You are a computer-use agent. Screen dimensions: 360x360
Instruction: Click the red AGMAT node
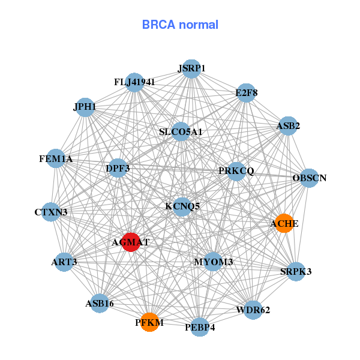[131, 242]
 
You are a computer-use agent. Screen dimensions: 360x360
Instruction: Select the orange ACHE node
[283, 223]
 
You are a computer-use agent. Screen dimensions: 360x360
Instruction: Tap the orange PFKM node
[149, 322]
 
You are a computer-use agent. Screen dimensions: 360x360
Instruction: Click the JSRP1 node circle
[191, 68]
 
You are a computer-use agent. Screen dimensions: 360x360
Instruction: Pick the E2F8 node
[246, 92]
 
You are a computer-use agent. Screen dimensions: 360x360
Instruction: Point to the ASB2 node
[289, 125]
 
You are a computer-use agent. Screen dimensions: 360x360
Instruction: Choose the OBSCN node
[308, 178]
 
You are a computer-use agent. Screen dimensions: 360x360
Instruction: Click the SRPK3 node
[296, 271]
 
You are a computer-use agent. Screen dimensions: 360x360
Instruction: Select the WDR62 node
[253, 310]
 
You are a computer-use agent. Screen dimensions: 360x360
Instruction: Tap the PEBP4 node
[200, 327]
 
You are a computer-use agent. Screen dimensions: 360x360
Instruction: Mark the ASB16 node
[100, 303]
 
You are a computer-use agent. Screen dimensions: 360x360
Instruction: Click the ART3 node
[64, 262]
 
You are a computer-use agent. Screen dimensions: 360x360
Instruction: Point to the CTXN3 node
[51, 212]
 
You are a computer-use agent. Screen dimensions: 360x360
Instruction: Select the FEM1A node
[56, 158]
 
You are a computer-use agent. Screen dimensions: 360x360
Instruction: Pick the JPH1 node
[85, 107]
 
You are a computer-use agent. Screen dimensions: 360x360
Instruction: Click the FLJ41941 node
[134, 82]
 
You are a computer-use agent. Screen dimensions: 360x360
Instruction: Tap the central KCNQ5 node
[182, 206]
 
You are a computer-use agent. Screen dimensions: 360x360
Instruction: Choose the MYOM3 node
[214, 262]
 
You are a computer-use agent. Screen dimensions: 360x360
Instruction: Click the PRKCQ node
[236, 171]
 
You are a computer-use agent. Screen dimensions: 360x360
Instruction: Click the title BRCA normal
[180, 25]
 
